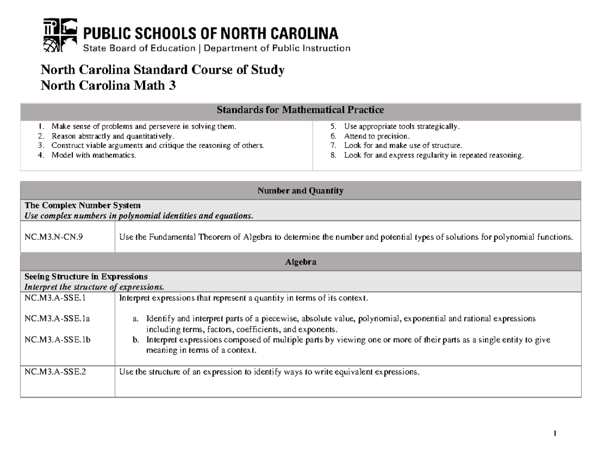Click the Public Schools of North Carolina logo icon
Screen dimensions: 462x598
(60, 35)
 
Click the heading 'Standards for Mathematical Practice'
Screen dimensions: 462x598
(300, 110)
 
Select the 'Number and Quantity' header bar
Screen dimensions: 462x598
(300, 190)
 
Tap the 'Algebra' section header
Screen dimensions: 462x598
(300, 262)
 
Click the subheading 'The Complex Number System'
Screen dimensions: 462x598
(83, 205)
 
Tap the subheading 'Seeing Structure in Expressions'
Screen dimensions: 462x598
(86, 277)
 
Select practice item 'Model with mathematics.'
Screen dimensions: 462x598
(93, 155)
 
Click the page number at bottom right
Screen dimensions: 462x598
(554, 434)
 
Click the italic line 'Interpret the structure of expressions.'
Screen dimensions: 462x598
(94, 287)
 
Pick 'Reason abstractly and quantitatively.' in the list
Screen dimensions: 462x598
(113, 136)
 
